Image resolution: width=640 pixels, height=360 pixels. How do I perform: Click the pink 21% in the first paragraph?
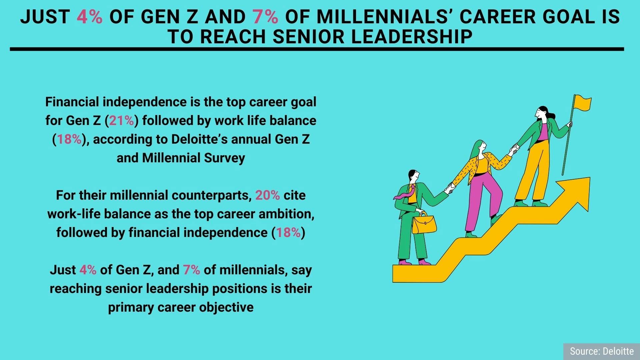(122, 120)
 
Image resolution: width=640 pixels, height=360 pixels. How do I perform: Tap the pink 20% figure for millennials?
(267, 195)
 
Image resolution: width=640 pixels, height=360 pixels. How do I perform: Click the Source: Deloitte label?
(602, 351)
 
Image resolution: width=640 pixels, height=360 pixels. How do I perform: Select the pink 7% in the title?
(265, 17)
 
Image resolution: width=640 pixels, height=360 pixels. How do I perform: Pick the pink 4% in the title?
(90, 17)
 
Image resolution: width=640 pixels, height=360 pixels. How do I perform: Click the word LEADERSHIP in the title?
(412, 37)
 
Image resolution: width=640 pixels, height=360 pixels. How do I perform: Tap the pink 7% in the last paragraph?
(191, 270)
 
